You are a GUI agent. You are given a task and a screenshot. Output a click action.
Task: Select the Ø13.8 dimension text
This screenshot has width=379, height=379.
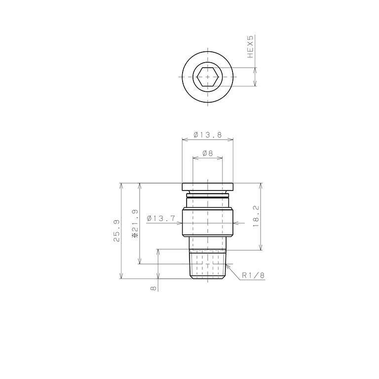[207, 134]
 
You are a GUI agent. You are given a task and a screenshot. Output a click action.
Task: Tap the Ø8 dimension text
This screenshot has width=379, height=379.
[207, 153]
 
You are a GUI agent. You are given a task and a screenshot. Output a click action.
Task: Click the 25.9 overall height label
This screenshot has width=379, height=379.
[116, 230]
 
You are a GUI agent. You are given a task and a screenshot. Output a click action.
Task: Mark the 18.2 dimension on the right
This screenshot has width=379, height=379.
[255, 216]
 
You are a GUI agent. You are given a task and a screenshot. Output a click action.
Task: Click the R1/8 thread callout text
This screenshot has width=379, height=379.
[253, 276]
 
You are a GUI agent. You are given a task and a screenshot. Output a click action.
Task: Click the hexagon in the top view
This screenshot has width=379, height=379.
[207, 77]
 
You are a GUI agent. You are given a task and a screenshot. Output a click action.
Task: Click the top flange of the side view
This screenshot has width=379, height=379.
[207, 187]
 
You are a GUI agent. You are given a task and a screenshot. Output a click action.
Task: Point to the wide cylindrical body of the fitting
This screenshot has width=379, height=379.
[207, 222]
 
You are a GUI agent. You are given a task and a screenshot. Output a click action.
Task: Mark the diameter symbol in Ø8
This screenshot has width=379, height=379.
[203, 153]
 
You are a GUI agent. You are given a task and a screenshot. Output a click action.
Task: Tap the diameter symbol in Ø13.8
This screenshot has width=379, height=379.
[196, 134]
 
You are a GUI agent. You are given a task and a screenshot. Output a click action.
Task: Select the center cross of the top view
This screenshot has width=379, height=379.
[207, 77]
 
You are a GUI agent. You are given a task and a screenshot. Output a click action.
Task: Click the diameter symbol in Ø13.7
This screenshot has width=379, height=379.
[149, 218]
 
